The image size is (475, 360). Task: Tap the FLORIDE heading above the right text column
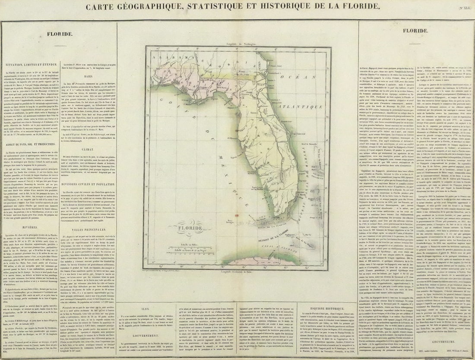tap(415, 31)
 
